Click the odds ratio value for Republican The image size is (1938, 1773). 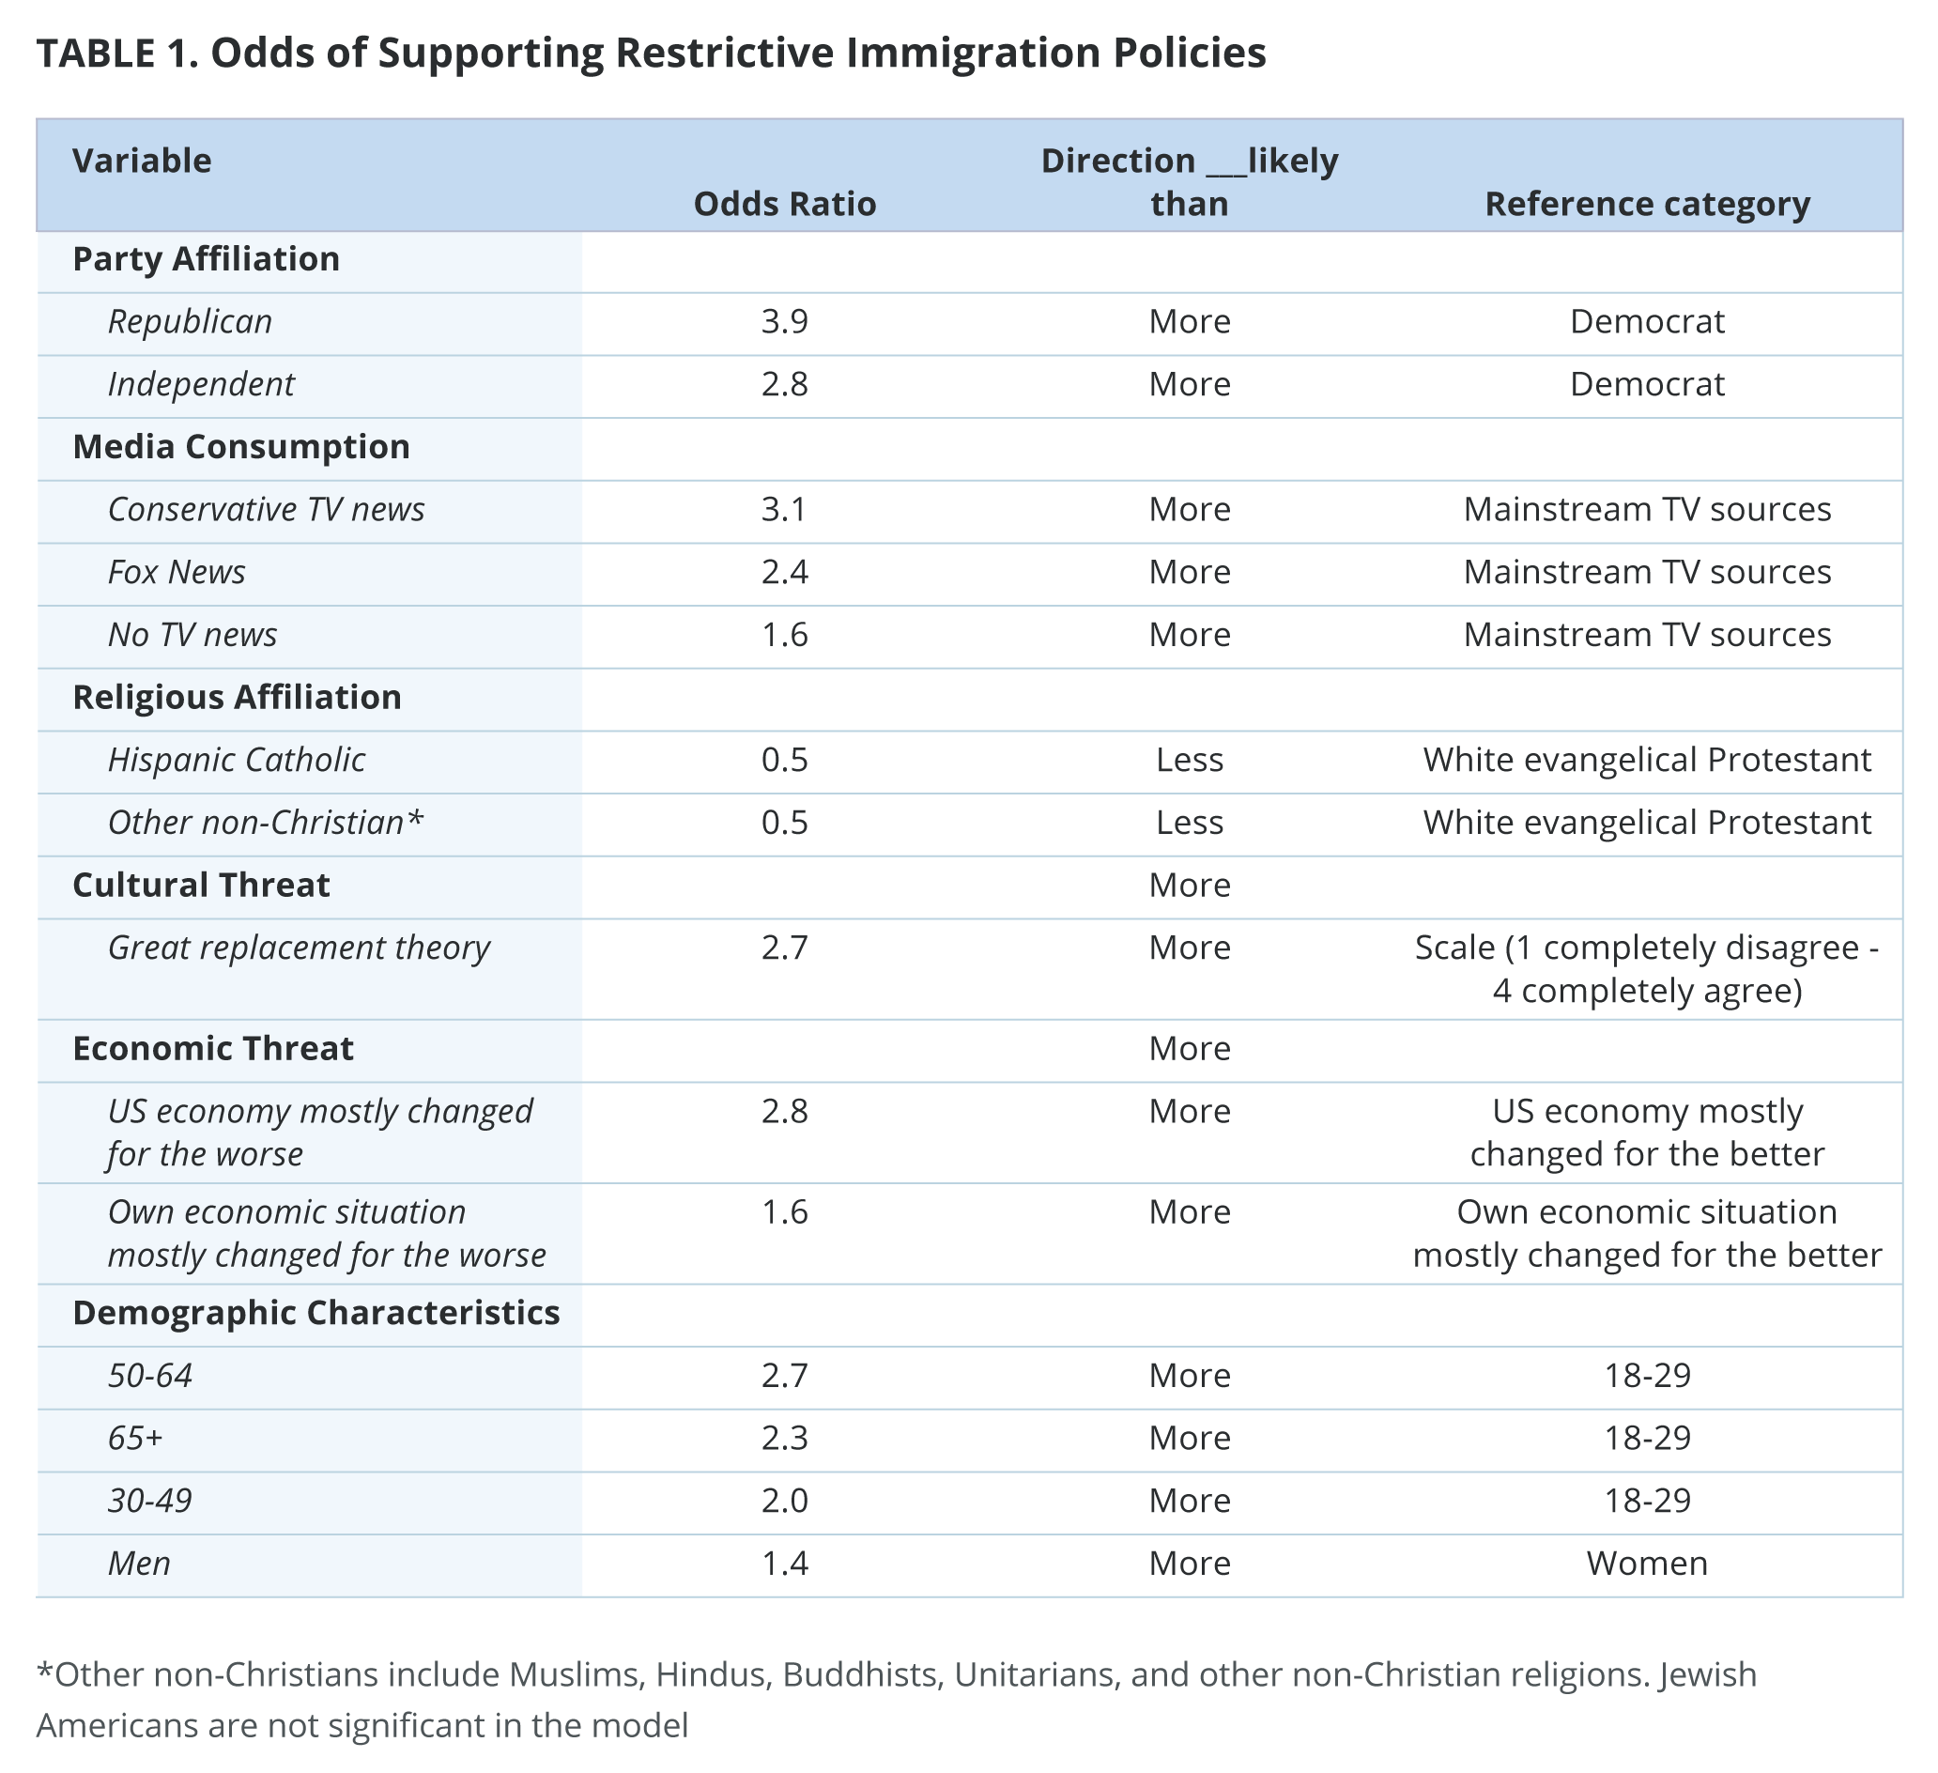pos(784,321)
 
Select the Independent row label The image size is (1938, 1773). pos(201,384)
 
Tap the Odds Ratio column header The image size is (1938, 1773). pos(784,204)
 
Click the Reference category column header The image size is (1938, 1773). pos(1647,204)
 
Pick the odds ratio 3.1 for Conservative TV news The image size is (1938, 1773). pos(784,509)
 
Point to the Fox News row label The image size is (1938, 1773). pos(177,572)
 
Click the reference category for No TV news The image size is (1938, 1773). pos(1647,635)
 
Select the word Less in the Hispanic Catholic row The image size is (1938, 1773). pos(1189,760)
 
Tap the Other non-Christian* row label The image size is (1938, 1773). pos(266,822)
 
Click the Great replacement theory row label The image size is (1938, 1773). pos(299,948)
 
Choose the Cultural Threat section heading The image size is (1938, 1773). pos(201,885)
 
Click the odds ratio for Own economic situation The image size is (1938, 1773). pos(784,1211)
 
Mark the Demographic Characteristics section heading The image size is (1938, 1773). pos(316,1313)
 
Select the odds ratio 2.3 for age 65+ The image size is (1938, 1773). pos(784,1438)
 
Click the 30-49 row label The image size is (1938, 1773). pos(150,1500)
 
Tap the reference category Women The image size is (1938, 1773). pos(1647,1564)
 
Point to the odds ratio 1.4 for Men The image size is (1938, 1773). pos(784,1564)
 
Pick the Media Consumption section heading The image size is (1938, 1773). pos(241,447)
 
